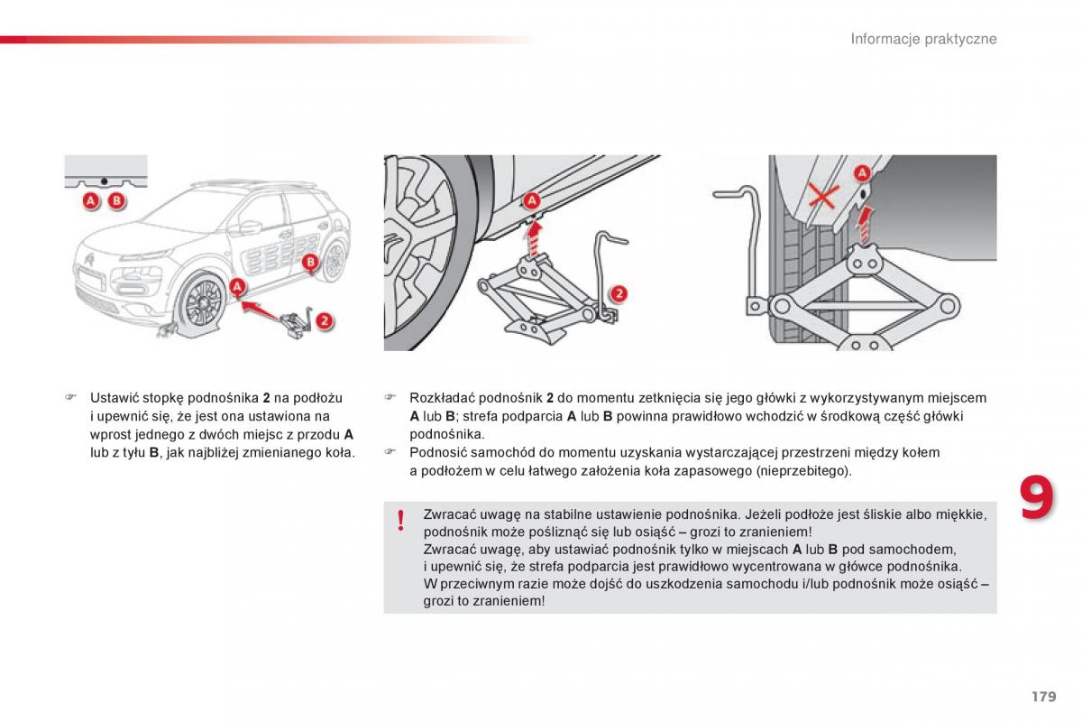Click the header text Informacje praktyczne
click(924, 39)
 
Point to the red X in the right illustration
click(821, 196)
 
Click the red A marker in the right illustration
click(862, 172)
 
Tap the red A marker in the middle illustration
click(531, 200)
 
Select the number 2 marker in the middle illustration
click(618, 292)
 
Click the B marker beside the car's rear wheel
click(310, 262)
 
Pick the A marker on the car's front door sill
click(237, 287)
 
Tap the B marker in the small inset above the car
click(115, 201)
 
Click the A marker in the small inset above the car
click(91, 201)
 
